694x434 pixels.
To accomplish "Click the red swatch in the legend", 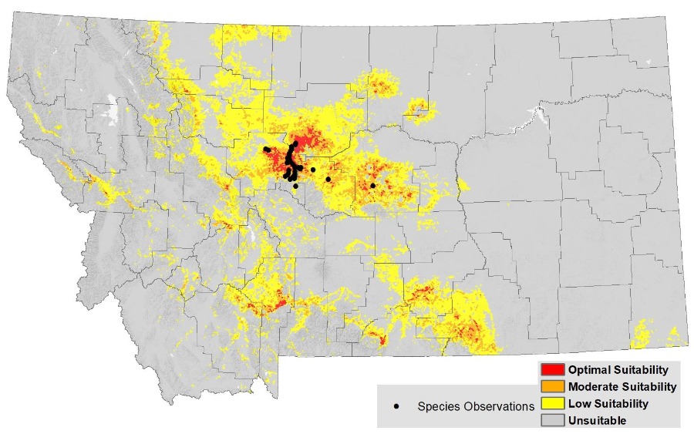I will (x=553, y=370).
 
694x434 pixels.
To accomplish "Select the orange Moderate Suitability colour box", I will (x=553, y=386).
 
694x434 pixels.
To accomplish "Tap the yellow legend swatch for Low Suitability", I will (x=553, y=403).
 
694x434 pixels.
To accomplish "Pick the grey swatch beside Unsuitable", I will (x=553, y=420).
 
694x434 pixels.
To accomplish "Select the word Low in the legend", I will (x=579, y=403).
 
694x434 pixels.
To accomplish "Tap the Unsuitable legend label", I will (x=597, y=420).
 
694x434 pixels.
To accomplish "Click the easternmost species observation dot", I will (x=372, y=186).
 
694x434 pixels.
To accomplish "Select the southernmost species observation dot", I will (x=295, y=186).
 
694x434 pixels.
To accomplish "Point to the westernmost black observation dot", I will (x=264, y=149).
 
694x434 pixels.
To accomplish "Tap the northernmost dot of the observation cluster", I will (x=295, y=143).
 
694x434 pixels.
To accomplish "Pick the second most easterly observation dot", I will (x=328, y=180).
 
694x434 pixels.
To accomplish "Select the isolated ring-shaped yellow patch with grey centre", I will (x=419, y=109).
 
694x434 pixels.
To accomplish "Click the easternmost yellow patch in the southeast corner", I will (x=674, y=336).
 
